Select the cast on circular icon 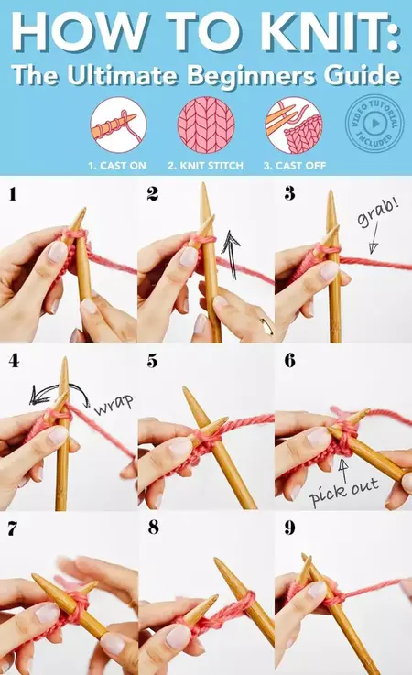(118, 125)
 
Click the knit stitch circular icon (205, 125)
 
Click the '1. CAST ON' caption (118, 166)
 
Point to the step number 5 (152, 361)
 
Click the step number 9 (289, 528)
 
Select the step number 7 (14, 528)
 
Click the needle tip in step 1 (81, 213)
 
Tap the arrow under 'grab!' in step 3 (373, 243)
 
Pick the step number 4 (14, 361)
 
